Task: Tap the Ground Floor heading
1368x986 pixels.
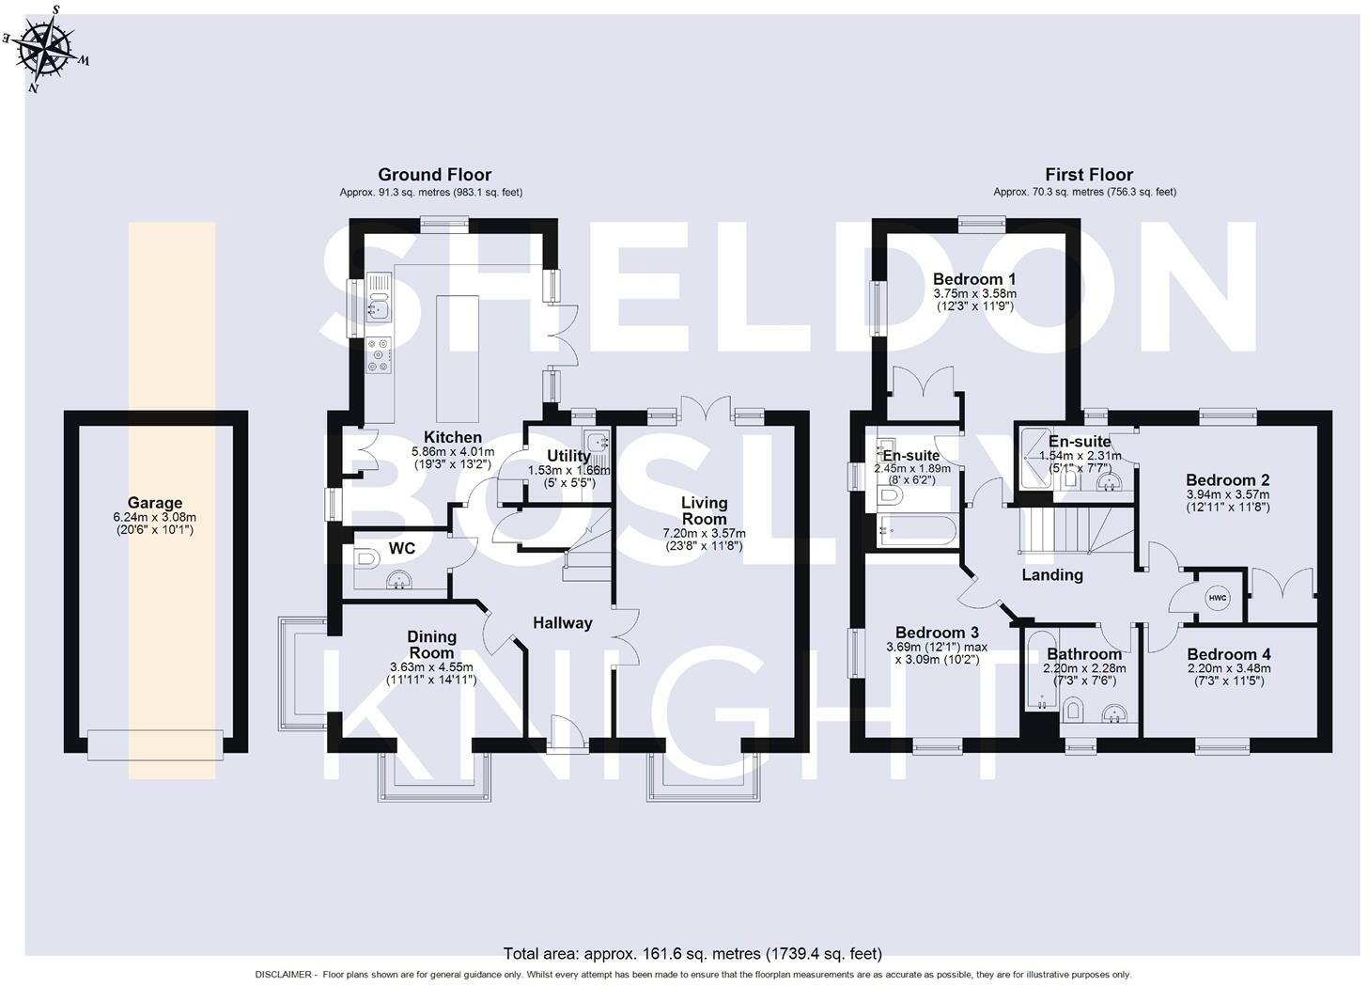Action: (434, 175)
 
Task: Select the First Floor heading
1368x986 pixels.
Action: (1089, 175)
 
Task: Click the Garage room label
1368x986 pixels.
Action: (155, 503)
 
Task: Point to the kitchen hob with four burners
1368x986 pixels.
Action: (379, 355)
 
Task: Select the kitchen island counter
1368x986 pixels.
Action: (457, 359)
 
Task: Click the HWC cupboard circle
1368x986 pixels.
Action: (1217, 598)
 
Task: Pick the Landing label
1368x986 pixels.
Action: (1052, 575)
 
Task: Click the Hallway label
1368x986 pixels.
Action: (563, 623)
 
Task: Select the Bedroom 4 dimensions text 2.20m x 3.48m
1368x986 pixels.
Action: (1229, 668)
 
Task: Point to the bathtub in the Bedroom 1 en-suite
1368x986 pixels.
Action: (917, 531)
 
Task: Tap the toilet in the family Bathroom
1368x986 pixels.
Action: (1073, 712)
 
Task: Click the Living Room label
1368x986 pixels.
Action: (704, 510)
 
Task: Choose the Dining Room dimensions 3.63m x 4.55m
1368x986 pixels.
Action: (432, 667)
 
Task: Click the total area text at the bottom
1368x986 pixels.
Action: (692, 953)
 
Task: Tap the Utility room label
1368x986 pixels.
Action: (568, 456)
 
